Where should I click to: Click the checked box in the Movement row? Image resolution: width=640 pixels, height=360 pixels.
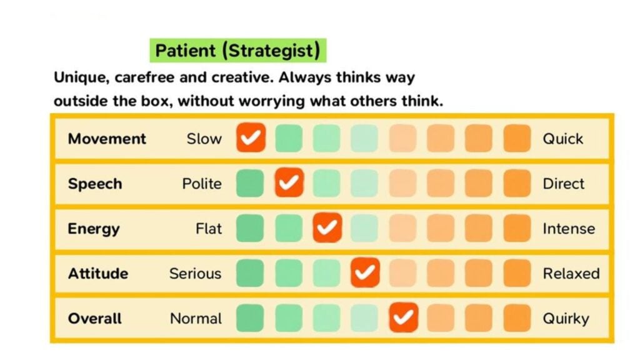pyautogui.click(x=251, y=138)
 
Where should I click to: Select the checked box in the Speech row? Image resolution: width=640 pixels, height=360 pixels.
pyautogui.click(x=289, y=183)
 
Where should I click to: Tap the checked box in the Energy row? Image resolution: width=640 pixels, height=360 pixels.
pyautogui.click(x=327, y=228)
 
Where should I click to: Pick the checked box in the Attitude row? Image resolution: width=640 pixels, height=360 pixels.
pyautogui.click(x=365, y=273)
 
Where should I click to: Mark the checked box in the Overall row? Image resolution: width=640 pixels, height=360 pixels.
pyautogui.click(x=403, y=318)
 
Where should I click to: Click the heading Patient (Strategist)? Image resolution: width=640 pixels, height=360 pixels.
pyautogui.click(x=237, y=51)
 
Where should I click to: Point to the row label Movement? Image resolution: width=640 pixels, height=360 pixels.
pyautogui.click(x=107, y=139)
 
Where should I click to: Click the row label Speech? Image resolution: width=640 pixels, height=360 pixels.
pyautogui.click(x=95, y=184)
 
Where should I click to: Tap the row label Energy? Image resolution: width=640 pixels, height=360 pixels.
pyautogui.click(x=94, y=229)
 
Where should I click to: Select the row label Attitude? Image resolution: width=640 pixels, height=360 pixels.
pyautogui.click(x=98, y=274)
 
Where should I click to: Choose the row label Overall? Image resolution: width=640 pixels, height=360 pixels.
pyautogui.click(x=94, y=319)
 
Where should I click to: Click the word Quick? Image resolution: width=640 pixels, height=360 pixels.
pyautogui.click(x=563, y=139)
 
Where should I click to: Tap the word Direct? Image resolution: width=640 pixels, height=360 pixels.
pyautogui.click(x=564, y=184)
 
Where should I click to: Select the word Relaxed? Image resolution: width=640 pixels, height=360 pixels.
pyautogui.click(x=571, y=274)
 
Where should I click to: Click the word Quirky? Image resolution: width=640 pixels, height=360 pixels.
pyautogui.click(x=566, y=319)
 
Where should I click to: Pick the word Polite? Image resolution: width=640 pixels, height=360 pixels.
pyautogui.click(x=202, y=184)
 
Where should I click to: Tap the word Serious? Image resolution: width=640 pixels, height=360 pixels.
pyautogui.click(x=195, y=274)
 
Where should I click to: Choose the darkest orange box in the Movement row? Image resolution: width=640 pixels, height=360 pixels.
pyautogui.click(x=517, y=138)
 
